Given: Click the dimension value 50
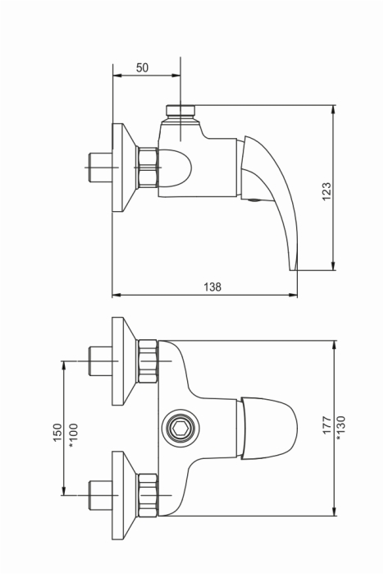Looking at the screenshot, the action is coord(142,67).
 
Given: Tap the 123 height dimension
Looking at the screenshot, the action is coord(327,191).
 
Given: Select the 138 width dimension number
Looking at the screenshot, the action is coord(213,287).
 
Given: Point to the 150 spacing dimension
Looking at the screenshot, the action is coord(57,432).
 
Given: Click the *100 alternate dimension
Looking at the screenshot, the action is coord(74,435).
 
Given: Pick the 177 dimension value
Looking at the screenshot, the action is coord(327,425).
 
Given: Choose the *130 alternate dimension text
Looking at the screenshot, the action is coord(341,428).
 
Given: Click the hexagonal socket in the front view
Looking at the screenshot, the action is coord(181,428).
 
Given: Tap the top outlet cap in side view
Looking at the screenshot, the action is coord(181,110).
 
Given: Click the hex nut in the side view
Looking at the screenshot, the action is coord(147,168).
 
